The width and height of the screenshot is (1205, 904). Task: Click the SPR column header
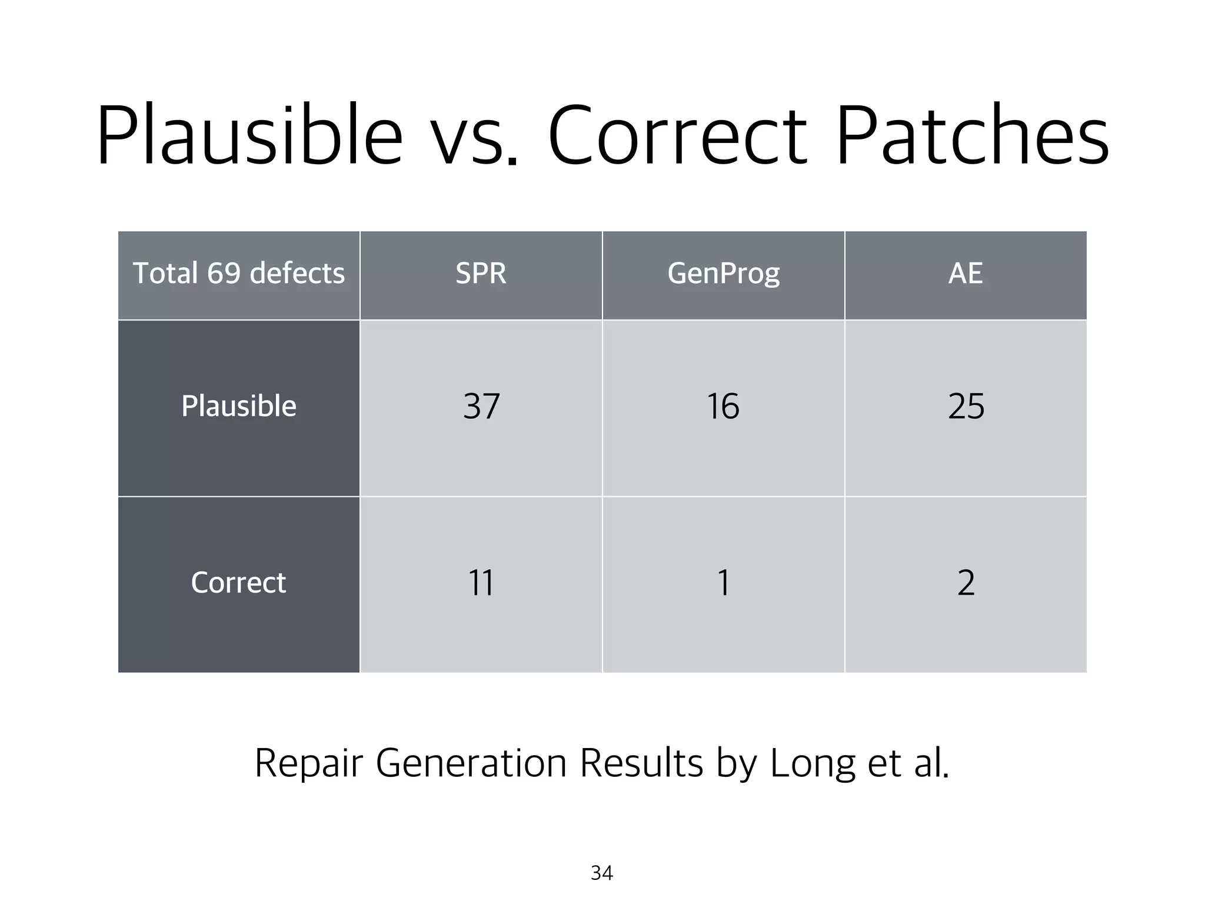pos(481,274)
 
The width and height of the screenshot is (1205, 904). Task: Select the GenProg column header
pos(723,274)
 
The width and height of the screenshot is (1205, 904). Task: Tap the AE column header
pos(966,274)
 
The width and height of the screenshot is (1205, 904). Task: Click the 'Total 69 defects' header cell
pos(238,274)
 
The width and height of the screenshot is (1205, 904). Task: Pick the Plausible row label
pos(238,406)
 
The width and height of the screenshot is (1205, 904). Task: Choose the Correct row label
pos(238,583)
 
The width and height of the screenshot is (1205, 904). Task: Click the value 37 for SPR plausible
pos(481,406)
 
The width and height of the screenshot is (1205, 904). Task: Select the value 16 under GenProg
pos(723,406)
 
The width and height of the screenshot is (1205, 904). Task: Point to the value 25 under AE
pos(966,406)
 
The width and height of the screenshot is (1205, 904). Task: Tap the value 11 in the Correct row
pos(481,583)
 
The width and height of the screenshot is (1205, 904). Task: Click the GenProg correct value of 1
pos(724,583)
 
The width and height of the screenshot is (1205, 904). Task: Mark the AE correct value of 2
pos(966,583)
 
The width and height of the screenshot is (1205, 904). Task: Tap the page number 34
pos(602,873)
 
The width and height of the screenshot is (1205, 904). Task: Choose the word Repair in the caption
pos(308,763)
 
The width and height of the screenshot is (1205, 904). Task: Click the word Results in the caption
pos(641,763)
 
